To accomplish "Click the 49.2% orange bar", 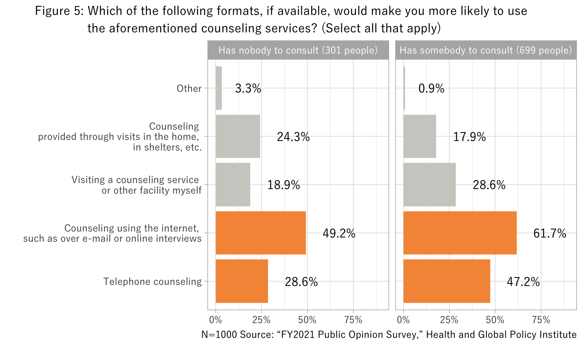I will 260,233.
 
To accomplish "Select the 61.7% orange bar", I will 460,233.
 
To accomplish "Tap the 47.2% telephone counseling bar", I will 447,281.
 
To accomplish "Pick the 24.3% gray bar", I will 238,136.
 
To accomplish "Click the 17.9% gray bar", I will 419,136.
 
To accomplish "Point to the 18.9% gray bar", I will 233,185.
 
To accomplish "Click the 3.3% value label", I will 248,89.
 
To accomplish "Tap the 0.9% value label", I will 431,89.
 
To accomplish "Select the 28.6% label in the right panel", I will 489,185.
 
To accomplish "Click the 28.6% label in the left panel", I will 301,282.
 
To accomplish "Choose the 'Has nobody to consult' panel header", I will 298,50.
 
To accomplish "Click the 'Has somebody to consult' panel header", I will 486,50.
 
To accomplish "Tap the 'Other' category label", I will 189,89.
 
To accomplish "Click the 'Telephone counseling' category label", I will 153,282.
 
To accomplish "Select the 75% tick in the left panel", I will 353,320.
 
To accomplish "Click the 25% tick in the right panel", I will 449,320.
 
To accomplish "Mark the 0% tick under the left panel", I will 215,320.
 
